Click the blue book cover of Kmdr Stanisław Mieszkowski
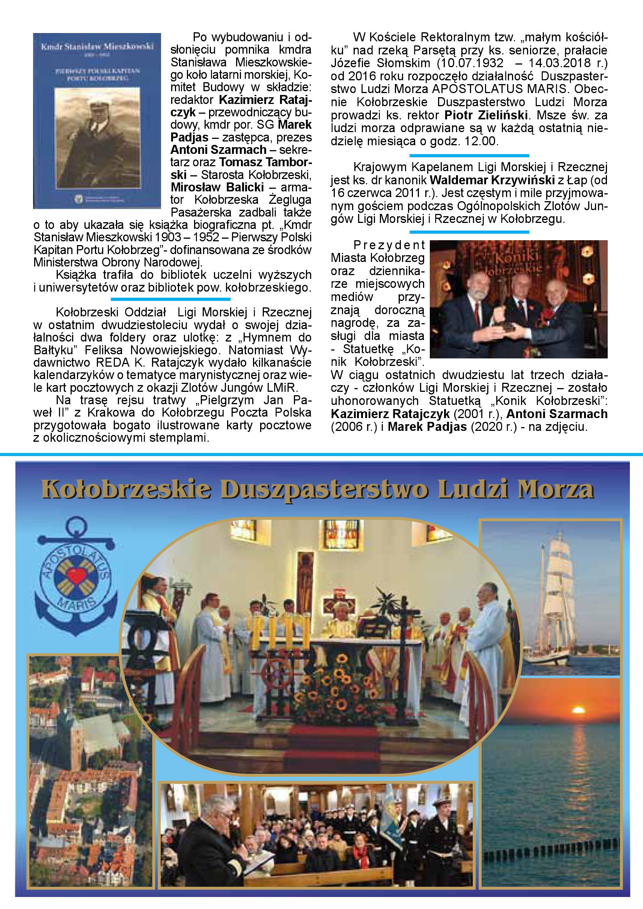97,120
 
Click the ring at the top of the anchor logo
75,528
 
